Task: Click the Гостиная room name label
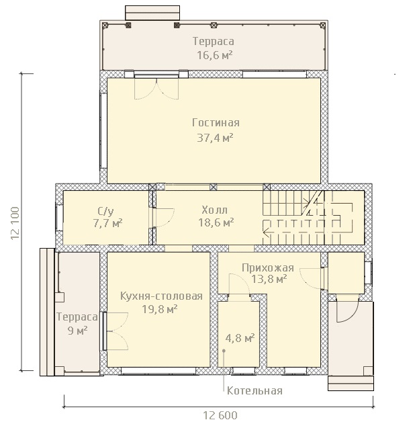point(216,123)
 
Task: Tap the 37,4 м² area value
point(215,138)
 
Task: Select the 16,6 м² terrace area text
point(215,55)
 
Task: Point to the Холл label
point(215,210)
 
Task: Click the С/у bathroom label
point(105,211)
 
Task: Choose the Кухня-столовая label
point(161,296)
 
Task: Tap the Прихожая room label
point(268,268)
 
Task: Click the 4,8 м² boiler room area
point(240,338)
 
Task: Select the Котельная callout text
point(255,390)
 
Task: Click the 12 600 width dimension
point(220,415)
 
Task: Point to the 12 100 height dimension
point(15,223)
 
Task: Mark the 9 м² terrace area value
point(77,331)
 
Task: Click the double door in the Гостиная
point(156,89)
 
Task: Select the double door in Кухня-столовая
point(116,331)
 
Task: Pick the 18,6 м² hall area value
point(216,222)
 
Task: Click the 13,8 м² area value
point(269,279)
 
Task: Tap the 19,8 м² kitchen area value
point(160,309)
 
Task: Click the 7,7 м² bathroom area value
point(107,223)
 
